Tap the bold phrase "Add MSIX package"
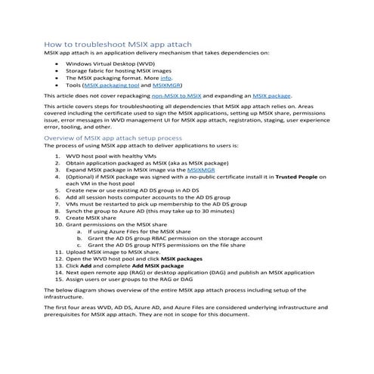click(157, 266)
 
